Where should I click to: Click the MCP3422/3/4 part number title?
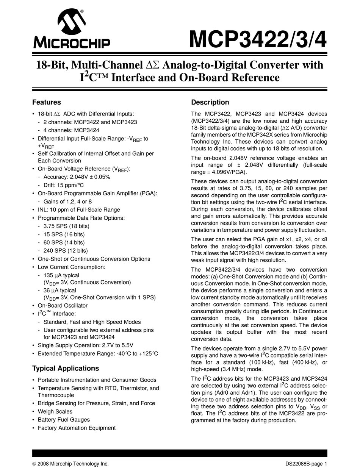[x=258, y=39]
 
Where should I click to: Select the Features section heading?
[x=47, y=102]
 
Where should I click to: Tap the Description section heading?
[x=210, y=102]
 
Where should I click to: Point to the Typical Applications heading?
[x=66, y=368]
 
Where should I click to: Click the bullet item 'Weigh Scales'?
[x=55, y=411]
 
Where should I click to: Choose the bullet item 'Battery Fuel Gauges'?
[x=64, y=420]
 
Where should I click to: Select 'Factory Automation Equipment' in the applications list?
[x=77, y=428]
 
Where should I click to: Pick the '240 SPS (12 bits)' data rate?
[x=66, y=250]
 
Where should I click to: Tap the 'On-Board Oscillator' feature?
[x=63, y=305]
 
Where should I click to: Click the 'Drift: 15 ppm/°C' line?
[x=64, y=185]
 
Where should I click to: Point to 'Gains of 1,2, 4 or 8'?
[x=67, y=202]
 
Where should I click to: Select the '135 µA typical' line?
[x=61, y=275]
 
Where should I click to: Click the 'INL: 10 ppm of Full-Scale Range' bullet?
[x=79, y=210]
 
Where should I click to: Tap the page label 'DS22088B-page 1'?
[x=306, y=464]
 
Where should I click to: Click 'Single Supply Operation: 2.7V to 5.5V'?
[x=86, y=345]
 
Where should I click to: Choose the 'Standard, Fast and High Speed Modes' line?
[x=92, y=322]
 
